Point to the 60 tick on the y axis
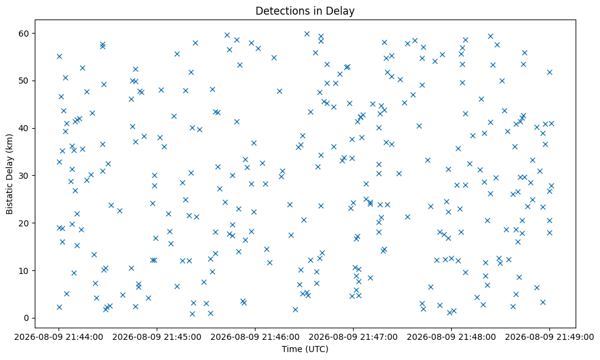(24, 34)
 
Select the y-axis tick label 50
(24, 81)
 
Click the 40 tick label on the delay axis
(24, 128)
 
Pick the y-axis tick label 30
(24, 176)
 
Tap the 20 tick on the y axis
(24, 223)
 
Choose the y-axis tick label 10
(24, 271)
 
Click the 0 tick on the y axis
(26, 319)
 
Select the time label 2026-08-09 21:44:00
(59, 337)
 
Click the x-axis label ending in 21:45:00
(157, 337)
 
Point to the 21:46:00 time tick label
(255, 337)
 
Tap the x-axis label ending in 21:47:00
(353, 337)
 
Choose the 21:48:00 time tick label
(452, 337)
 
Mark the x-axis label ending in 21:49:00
(549, 337)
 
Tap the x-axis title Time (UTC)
(305, 349)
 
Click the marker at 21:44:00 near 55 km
(59, 57)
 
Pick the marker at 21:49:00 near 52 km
(550, 73)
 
